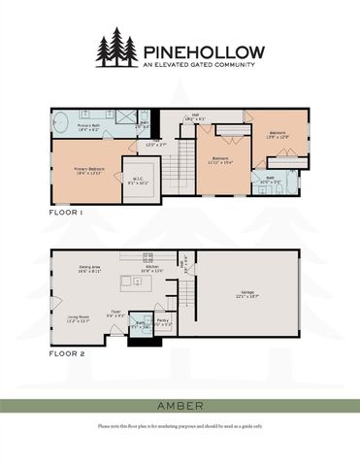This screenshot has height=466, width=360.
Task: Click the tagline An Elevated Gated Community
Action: point(201,65)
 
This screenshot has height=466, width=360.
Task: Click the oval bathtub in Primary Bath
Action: point(60,124)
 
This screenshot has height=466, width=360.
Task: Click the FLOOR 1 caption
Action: point(67,210)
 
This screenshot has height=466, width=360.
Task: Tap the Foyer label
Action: point(115,313)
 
